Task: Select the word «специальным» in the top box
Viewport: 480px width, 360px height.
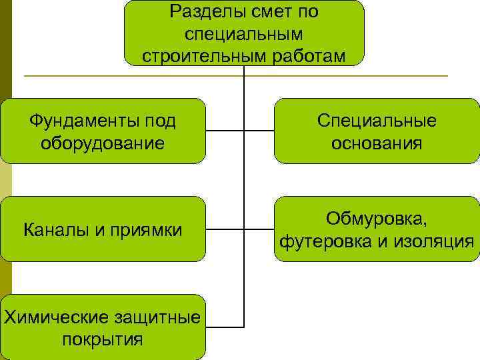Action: pyautogui.click(x=243, y=33)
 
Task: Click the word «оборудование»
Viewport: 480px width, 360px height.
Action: pyautogui.click(x=102, y=143)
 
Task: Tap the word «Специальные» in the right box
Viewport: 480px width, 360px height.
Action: pyautogui.click(x=377, y=121)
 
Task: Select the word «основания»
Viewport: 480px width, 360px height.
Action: pyautogui.click(x=377, y=143)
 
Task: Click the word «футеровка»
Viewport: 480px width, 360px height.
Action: pyautogui.click(x=325, y=241)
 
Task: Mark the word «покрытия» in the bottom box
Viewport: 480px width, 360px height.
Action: pyautogui.click(x=102, y=339)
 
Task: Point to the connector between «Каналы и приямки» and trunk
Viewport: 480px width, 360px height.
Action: pyautogui.click(x=225, y=229)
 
